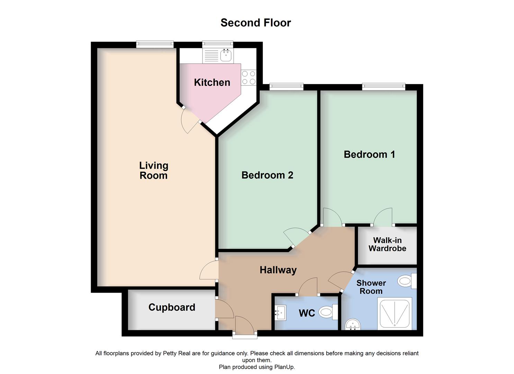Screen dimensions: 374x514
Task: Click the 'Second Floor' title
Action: click(x=256, y=23)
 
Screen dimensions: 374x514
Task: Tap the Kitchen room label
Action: click(x=212, y=82)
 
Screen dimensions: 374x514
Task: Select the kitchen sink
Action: click(x=226, y=55)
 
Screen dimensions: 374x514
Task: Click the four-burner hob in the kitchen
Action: click(x=249, y=78)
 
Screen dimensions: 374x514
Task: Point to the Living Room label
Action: click(x=153, y=170)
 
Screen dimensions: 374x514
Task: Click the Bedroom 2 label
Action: click(x=267, y=175)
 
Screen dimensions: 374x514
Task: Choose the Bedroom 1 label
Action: click(x=369, y=154)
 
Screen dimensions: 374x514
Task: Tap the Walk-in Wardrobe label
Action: click(x=387, y=244)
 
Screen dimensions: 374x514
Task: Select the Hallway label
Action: click(x=278, y=270)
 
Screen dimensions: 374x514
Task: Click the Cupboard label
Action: click(x=172, y=308)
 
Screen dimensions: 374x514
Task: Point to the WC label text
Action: click(x=307, y=313)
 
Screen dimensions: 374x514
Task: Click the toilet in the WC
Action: click(x=327, y=312)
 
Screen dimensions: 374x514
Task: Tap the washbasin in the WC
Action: click(x=280, y=313)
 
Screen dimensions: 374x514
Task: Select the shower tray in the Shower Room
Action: click(x=395, y=314)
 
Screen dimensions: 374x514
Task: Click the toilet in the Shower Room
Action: click(x=407, y=281)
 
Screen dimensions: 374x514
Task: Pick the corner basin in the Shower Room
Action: click(x=353, y=325)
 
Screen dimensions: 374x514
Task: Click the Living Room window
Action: click(x=155, y=44)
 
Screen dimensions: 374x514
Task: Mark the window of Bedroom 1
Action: click(x=384, y=87)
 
